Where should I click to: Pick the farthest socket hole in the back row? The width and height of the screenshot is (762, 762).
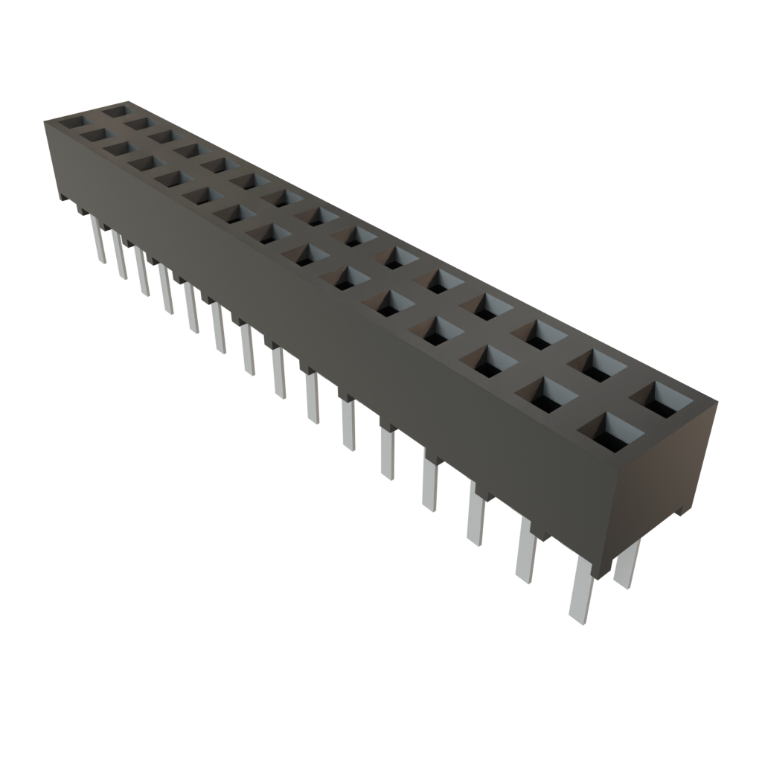coord(115,112)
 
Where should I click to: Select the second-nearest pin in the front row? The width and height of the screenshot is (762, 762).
coord(525,551)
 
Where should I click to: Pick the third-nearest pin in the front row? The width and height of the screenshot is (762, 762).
coord(476,513)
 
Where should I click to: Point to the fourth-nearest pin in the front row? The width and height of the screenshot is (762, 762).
coord(430,482)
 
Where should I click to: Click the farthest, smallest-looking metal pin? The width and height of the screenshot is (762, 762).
coord(97,238)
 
